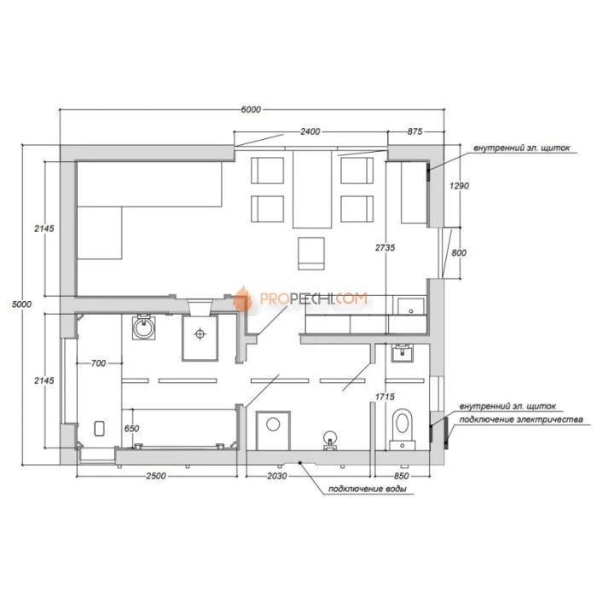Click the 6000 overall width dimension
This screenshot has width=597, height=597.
[x=252, y=110]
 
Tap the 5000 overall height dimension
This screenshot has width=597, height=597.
[x=21, y=304]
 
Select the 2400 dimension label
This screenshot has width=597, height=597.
[x=310, y=131]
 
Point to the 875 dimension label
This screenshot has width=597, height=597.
[x=415, y=131]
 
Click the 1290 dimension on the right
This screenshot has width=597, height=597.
[x=459, y=186]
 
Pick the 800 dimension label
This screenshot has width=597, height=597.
[x=459, y=252]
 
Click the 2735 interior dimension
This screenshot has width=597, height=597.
[x=385, y=247]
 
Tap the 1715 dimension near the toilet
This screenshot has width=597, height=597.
[x=385, y=397]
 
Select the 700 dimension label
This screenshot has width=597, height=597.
[x=98, y=363]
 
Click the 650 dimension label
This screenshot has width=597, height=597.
[x=131, y=428]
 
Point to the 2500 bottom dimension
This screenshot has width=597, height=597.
[x=156, y=476]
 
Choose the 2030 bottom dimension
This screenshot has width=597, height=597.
[x=277, y=476]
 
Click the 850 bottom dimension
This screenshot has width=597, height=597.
[x=402, y=476]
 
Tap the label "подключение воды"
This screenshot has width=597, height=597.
[x=368, y=489]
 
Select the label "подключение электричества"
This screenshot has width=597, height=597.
[x=521, y=420]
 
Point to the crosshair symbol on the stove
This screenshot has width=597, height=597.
[x=200, y=334]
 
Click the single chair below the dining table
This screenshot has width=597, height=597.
[x=311, y=253]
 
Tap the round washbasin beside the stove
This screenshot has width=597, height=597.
[x=143, y=327]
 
